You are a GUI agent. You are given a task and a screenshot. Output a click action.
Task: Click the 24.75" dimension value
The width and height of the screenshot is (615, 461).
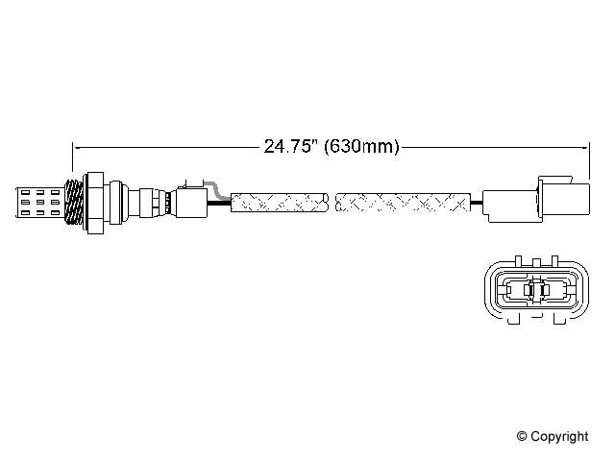point(290,146)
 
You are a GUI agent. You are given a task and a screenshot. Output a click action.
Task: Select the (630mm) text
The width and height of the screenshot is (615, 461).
point(361,146)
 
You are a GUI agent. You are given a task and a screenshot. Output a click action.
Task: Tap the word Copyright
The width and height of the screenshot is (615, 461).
point(559,436)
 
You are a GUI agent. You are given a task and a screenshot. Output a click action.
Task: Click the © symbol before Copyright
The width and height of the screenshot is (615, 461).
point(522,436)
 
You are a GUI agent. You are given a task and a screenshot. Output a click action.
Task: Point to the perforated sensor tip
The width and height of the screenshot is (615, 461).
point(39,203)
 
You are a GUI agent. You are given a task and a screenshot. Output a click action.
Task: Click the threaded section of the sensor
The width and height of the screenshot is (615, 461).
point(74,203)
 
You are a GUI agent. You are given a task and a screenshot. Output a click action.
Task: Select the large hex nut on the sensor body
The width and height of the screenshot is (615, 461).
point(94,203)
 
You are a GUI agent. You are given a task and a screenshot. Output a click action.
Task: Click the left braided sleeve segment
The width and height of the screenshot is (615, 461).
point(279,203)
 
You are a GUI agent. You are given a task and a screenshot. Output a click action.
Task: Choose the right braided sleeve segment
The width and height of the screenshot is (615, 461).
point(403,203)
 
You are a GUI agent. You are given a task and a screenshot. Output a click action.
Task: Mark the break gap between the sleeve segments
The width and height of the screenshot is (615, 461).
point(332,203)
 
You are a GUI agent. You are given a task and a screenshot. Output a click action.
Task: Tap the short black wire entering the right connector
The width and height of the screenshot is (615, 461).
point(477,203)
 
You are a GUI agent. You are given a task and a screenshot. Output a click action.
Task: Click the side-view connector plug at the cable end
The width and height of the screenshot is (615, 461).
point(536,200)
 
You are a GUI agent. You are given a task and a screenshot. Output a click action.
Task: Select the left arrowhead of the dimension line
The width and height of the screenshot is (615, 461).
point(76,148)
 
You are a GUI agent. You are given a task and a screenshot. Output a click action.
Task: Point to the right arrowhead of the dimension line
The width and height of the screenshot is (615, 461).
point(586,148)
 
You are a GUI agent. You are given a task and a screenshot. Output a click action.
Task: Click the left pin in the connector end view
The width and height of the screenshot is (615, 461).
point(508,290)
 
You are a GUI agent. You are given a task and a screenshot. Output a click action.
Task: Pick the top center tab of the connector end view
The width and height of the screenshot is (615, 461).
point(536,262)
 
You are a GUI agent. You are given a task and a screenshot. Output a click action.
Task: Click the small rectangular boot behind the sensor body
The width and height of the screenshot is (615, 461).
point(192,203)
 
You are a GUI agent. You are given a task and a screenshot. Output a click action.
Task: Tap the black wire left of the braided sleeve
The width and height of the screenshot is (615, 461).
point(219,203)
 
